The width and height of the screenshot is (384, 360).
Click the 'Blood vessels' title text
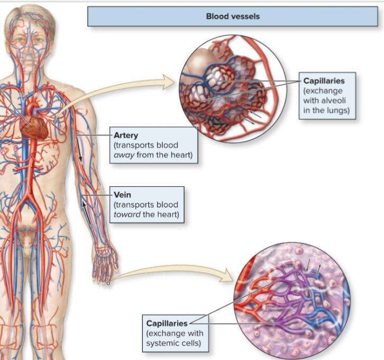233,16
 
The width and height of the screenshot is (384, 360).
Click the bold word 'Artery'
126,136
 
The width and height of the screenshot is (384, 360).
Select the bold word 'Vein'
122,195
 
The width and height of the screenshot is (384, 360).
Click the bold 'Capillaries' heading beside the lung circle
324,81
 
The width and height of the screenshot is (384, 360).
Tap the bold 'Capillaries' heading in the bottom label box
167,323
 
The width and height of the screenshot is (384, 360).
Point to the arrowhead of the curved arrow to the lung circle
169,82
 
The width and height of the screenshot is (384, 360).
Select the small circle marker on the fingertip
108,284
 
